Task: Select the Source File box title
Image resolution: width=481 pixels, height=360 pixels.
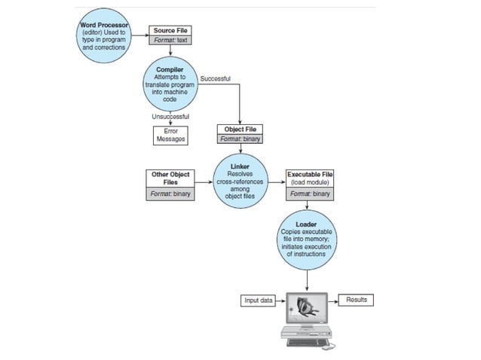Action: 170,30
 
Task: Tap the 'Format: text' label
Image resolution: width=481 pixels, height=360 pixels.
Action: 170,40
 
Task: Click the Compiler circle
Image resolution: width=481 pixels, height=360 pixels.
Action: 170,83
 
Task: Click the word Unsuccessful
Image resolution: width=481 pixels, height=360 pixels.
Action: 170,117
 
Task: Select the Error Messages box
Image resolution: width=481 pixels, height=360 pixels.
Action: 170,135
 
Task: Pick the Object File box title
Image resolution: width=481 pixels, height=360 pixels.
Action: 240,129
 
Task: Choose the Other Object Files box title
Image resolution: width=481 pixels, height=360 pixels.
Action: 170,178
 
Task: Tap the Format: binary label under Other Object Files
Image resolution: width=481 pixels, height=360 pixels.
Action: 170,194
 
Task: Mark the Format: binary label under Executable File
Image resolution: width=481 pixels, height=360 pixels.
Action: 310,194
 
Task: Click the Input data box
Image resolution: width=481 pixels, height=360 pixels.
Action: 258,301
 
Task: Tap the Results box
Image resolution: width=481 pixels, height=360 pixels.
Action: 356,301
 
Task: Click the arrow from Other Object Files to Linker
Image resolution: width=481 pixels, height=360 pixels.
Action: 204,182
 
